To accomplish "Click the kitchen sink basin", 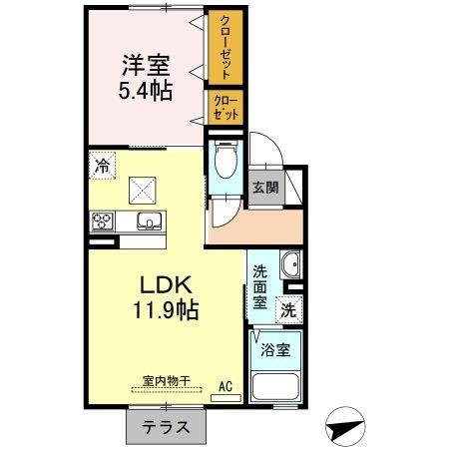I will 149,222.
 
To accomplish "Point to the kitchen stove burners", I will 104,222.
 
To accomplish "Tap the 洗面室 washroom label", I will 259,286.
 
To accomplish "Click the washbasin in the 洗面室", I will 289,265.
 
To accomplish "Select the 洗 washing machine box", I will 288,309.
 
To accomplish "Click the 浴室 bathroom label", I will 275,350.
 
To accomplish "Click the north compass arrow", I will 345,427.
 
